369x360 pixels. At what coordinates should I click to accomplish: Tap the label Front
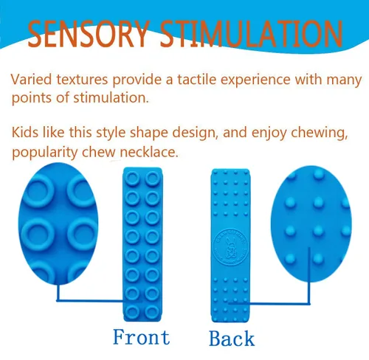pyautogui.click(x=141, y=338)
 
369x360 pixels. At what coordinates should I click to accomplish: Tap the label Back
pyautogui.click(x=232, y=339)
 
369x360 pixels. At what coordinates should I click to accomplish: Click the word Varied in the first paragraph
pyautogui.click(x=32, y=79)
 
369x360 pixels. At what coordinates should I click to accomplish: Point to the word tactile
pyautogui.click(x=202, y=79)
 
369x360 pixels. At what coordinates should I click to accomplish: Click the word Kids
pyautogui.click(x=27, y=134)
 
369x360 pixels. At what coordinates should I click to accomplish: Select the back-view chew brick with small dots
pyautogui.click(x=231, y=243)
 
